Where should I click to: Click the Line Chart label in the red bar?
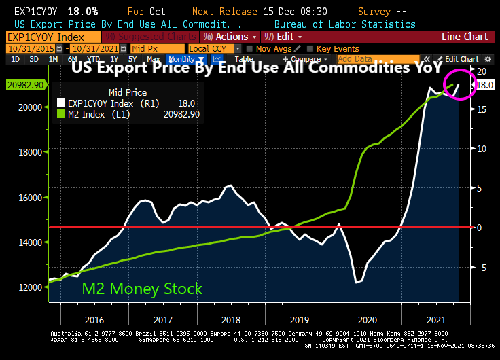click(465, 37)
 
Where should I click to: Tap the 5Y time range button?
click(133, 60)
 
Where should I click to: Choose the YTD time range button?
click(94, 60)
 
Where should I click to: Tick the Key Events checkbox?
click(311, 49)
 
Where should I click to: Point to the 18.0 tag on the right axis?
click(485, 85)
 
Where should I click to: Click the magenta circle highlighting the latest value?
click(459, 84)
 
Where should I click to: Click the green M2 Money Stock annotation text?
click(142, 289)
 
